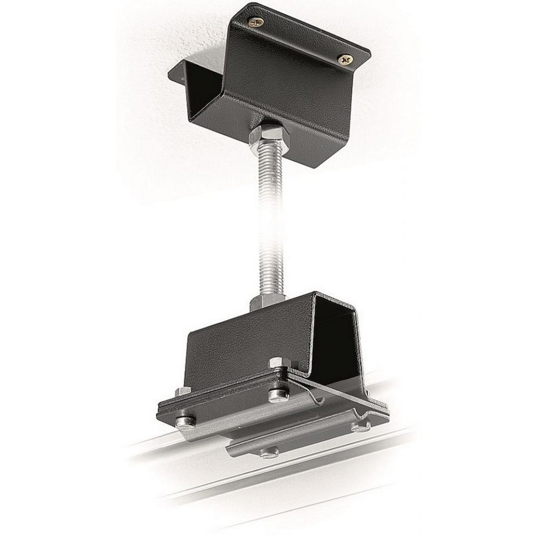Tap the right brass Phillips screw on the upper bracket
pos(344,58)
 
